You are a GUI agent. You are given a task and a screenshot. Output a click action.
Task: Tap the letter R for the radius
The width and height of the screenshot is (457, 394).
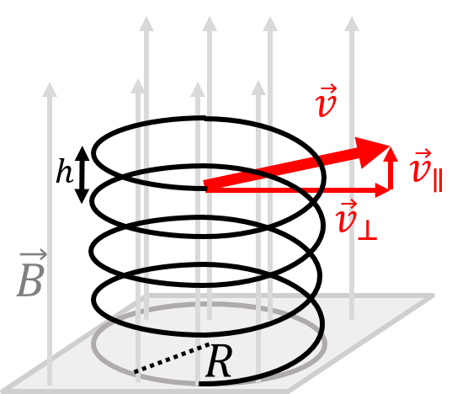(218, 363)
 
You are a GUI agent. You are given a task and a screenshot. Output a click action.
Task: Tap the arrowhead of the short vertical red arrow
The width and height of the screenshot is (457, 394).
(391, 152)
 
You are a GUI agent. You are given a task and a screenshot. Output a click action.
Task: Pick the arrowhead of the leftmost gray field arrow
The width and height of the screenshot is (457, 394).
(50, 88)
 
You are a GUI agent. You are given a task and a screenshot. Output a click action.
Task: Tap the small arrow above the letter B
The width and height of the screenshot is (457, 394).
(33, 254)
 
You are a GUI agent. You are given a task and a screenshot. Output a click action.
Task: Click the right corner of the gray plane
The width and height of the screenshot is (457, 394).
(433, 296)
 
